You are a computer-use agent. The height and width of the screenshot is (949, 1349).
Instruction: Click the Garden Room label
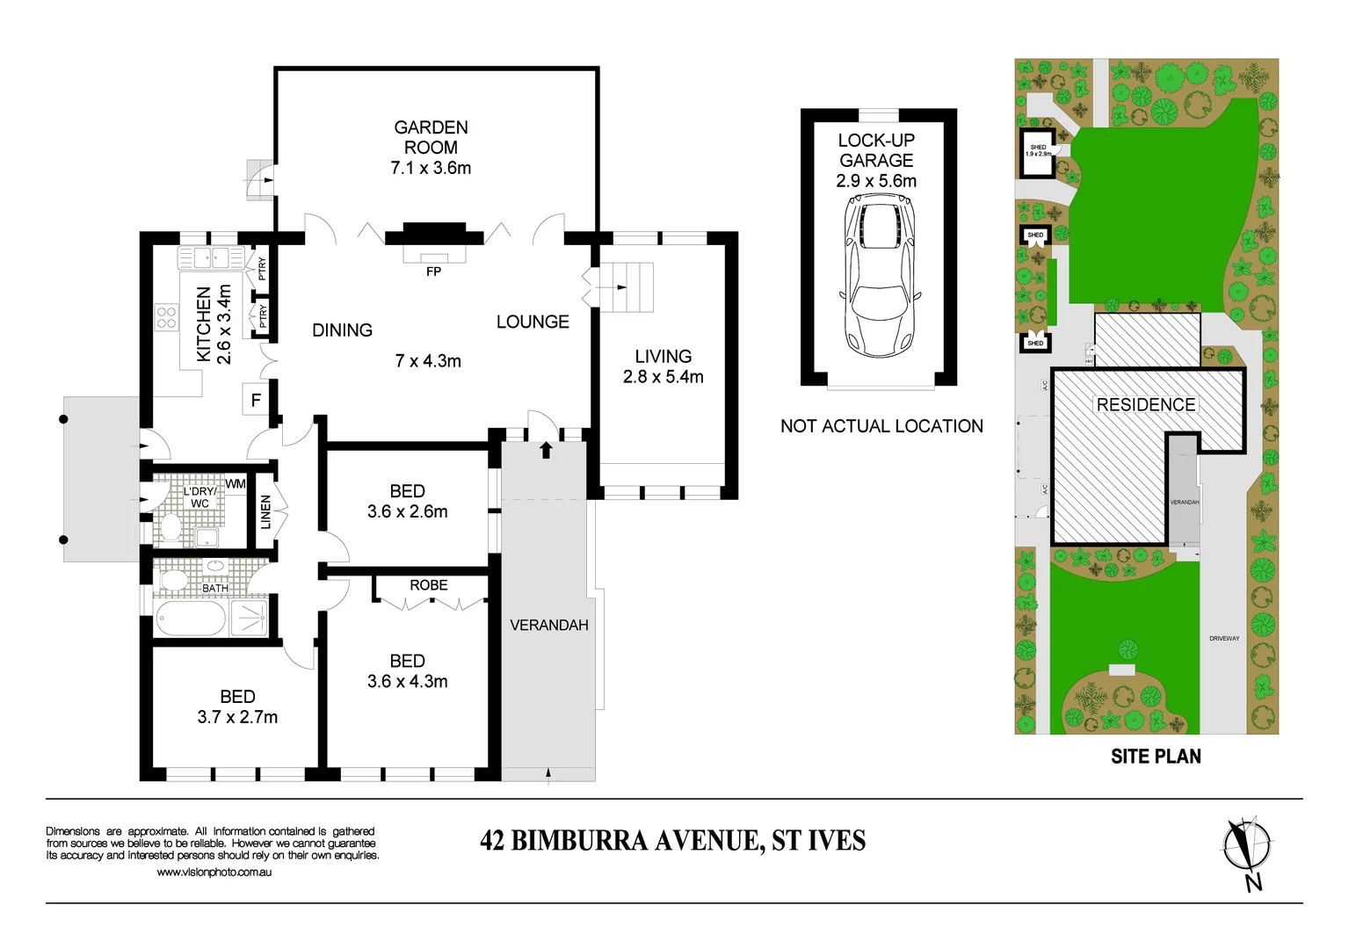tap(431, 137)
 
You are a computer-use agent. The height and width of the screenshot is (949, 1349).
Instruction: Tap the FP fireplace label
tap(433, 272)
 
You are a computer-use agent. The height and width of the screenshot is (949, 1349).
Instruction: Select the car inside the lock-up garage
tap(878, 273)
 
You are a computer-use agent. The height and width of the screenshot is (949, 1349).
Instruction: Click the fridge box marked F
tap(256, 401)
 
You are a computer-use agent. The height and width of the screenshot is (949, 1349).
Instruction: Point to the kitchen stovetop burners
tap(167, 316)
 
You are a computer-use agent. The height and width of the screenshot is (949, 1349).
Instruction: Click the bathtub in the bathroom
tap(191, 618)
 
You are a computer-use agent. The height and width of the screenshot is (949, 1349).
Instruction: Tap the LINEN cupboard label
tap(265, 512)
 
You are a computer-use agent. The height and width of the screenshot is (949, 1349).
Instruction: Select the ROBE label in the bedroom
tap(428, 585)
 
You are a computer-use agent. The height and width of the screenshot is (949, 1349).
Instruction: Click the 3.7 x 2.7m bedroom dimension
tap(237, 717)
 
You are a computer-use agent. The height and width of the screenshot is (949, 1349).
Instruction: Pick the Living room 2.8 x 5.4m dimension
tap(663, 377)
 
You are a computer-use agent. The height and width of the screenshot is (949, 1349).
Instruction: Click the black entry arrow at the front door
tap(546, 451)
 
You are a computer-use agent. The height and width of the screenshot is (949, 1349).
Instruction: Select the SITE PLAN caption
tap(1155, 757)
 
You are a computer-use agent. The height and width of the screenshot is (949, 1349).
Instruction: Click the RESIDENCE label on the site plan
tap(1145, 405)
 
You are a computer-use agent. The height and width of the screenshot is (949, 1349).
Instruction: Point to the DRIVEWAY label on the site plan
tap(1223, 639)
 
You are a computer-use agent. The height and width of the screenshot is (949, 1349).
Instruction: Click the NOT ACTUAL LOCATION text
tap(881, 426)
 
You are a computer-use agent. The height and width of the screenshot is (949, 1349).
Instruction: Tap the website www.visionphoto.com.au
tap(214, 873)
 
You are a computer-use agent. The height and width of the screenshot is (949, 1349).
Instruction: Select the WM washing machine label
tap(235, 484)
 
